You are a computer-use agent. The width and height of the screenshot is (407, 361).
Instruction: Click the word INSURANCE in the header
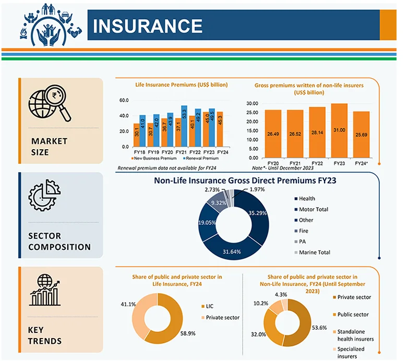148,26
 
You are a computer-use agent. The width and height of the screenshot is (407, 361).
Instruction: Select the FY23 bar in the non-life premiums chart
339,130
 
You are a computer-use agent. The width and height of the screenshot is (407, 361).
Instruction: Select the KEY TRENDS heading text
46,335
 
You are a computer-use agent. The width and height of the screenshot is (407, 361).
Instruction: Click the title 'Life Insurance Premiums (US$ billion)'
182,85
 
